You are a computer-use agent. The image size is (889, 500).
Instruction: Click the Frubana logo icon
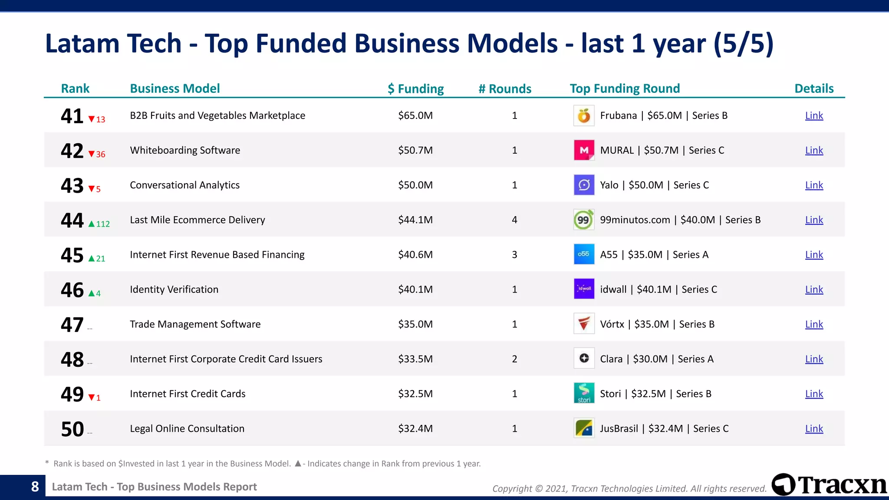pos(584,115)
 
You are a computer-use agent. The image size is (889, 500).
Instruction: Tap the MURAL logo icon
pos(584,150)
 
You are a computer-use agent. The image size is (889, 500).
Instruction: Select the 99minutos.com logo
pos(584,220)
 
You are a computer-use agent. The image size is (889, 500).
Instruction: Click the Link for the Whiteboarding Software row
pos(814,150)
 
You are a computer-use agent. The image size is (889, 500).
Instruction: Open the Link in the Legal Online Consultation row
pos(814,428)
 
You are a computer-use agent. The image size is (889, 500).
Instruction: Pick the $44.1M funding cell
pos(415,220)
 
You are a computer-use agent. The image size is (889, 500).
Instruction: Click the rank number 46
pos(72,290)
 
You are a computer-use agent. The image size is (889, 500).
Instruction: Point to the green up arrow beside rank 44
pos(91,224)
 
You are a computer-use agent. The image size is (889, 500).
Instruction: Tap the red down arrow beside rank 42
pos(91,154)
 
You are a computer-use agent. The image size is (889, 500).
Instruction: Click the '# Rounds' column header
pos(505,89)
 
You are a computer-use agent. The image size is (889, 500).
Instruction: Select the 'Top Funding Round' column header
pos(625,89)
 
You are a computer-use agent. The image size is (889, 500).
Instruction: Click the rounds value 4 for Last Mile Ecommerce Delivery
pos(514,220)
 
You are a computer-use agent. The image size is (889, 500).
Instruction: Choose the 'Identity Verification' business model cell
pos(174,289)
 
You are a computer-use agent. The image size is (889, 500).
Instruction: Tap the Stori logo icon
pos(584,393)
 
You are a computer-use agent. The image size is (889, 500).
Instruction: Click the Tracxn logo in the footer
pos(829,485)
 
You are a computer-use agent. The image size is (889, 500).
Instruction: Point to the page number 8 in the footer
pos(35,487)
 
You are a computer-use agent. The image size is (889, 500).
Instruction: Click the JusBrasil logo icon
pos(584,428)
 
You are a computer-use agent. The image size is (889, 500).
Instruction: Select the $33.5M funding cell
pos(415,359)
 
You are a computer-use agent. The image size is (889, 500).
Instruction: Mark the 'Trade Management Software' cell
pos(195,324)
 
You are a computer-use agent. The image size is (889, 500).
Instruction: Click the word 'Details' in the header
pos(814,89)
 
